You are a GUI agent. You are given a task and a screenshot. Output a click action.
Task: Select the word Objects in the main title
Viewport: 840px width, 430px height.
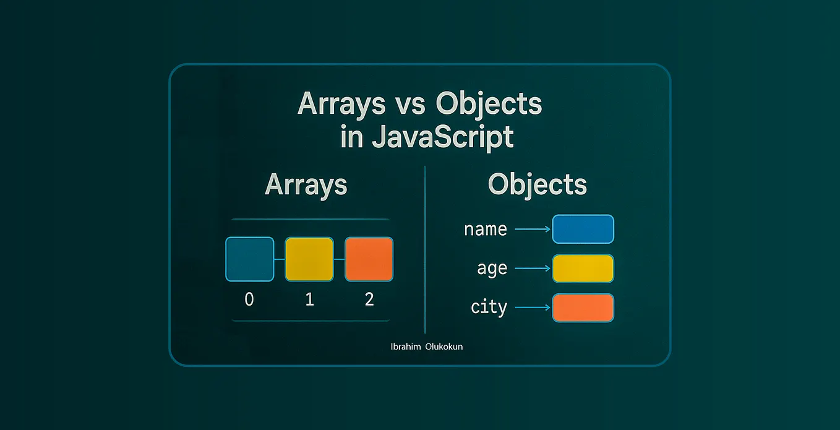488,104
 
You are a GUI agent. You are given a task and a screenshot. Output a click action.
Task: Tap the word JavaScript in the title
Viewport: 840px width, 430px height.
442,137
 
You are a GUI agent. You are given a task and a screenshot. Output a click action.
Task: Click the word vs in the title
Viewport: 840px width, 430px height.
409,105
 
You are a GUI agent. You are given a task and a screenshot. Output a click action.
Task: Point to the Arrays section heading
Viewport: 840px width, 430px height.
306,184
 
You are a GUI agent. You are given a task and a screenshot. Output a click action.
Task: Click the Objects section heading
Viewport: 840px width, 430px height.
537,184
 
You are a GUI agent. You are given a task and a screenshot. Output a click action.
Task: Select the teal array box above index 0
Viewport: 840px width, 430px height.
249,259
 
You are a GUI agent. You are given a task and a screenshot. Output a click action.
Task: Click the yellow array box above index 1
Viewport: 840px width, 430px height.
309,259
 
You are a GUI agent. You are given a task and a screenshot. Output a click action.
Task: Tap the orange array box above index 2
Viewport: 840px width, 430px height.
369,259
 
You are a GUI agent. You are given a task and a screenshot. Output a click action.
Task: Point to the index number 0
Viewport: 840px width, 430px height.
249,299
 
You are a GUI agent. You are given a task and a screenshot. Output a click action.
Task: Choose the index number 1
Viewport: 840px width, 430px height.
309,299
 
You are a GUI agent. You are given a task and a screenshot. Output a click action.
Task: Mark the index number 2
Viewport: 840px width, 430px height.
369,299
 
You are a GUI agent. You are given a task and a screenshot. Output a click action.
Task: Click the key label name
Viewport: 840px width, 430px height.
485,230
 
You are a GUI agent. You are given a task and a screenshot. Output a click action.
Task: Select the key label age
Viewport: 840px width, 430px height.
492,269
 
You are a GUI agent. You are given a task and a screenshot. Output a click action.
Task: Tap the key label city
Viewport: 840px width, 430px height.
489,307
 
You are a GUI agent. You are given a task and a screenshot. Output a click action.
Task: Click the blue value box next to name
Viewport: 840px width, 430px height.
582,229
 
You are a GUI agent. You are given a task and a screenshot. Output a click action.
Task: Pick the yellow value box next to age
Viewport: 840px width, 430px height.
582,269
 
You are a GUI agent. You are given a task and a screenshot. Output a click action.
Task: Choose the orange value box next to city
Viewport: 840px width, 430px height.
582,307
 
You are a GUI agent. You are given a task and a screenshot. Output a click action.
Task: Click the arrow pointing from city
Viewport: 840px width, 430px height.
532,307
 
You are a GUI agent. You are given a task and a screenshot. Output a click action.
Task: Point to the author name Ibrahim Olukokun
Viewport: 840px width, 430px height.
427,346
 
